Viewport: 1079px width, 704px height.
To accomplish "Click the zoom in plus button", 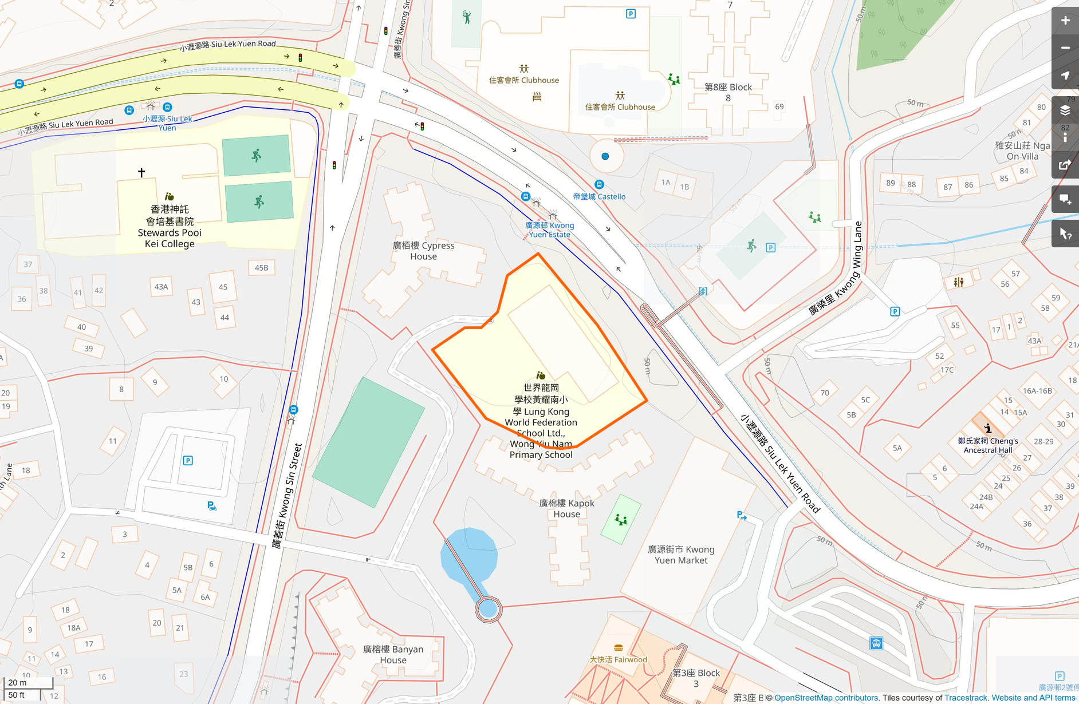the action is (1065, 21).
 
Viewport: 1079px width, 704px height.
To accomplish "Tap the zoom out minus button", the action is (1065, 48).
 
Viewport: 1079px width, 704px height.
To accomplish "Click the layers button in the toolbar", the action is (1065, 110).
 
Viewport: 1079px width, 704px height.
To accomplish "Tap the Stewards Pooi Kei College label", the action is (170, 227).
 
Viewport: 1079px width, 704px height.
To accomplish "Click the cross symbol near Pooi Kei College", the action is (141, 172).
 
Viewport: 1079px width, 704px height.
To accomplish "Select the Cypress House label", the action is (423, 251).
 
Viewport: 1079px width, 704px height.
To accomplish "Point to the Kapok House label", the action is (566, 508).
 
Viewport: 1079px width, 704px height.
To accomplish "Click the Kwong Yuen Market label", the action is (681, 554).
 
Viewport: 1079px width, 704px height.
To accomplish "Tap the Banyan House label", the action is (393, 654).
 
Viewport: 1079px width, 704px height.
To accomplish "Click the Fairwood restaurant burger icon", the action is (618, 648).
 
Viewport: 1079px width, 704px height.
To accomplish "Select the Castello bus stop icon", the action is (599, 184).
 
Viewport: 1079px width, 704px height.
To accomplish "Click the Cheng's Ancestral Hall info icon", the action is (988, 428).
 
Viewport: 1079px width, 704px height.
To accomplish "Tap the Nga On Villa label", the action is (1022, 151).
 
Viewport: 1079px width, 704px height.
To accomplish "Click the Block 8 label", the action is (728, 92).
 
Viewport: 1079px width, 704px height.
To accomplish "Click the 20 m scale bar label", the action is (17, 682).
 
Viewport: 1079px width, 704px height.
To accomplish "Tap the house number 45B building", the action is (261, 267).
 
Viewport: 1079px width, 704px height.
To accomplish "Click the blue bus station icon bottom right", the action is (876, 643).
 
